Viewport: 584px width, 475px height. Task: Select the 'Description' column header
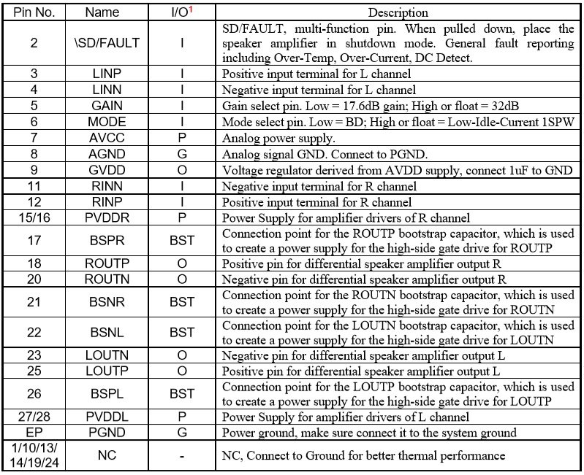pyautogui.click(x=398, y=12)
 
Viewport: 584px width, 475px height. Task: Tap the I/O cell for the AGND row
pyautogui.click(x=182, y=153)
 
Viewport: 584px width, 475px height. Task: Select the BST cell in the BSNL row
pyautogui.click(x=182, y=332)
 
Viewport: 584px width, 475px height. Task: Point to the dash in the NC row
pyautogui.click(x=182, y=456)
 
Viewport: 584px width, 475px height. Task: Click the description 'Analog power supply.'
pyautogui.click(x=278, y=138)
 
